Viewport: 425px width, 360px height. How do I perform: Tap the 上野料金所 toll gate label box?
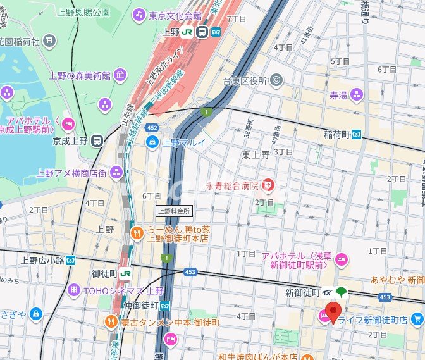pyautogui.click(x=173, y=211)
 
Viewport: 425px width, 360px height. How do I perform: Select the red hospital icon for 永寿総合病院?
pyautogui.click(x=269, y=185)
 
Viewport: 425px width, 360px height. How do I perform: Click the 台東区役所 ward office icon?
pyautogui.click(x=275, y=80)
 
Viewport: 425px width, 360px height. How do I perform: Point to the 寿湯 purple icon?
pyautogui.click(x=357, y=95)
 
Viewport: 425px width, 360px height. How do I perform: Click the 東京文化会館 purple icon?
pyautogui.click(x=139, y=14)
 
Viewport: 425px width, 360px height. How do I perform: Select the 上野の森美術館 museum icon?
pyautogui.click(x=120, y=76)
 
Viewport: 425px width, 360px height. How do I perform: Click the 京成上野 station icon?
pyautogui.click(x=97, y=140)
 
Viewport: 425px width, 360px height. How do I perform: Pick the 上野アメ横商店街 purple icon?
pyautogui.click(x=116, y=172)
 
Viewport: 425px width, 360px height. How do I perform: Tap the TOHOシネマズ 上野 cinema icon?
pyautogui.click(x=74, y=290)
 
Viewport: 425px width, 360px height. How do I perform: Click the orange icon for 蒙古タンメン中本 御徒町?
pyautogui.click(x=111, y=322)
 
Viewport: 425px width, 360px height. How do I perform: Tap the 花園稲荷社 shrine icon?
pyautogui.click(x=49, y=41)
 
